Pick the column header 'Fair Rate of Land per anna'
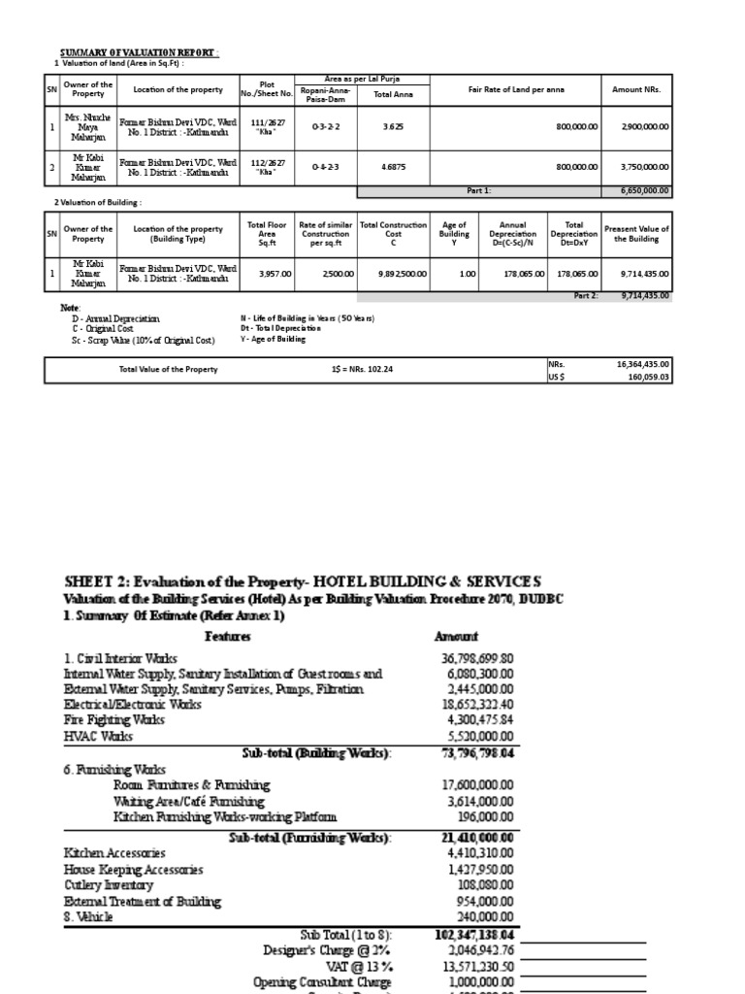pos(515,90)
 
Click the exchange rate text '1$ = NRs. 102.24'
pos(371,369)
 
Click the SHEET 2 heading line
pos(302,580)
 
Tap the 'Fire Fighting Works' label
pos(115,720)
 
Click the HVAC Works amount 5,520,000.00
pos(474,737)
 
